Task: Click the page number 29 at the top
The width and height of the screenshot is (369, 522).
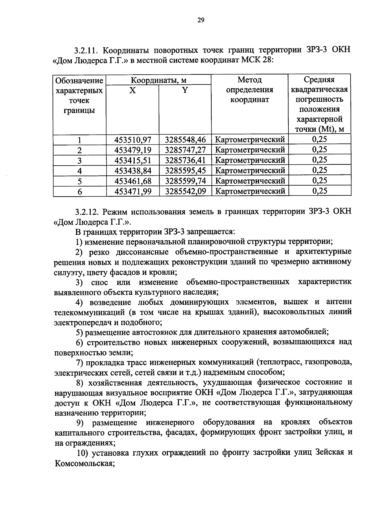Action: click(200, 20)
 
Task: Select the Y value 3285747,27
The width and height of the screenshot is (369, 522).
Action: click(185, 150)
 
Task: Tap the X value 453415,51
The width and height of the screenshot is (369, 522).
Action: click(133, 160)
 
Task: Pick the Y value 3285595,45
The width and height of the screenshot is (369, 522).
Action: click(185, 171)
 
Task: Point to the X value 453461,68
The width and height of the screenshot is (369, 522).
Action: click(133, 181)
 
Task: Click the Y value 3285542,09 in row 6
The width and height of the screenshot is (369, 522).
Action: click(185, 191)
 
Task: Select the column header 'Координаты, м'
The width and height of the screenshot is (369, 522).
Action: click(159, 80)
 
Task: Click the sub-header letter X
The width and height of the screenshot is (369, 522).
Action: click(132, 90)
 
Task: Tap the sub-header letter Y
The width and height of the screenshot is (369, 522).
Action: click(185, 90)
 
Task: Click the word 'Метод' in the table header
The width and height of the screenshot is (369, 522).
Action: click(249, 80)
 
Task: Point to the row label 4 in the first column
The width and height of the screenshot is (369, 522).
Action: click(80, 171)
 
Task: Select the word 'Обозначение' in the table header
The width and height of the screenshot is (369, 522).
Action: click(79, 81)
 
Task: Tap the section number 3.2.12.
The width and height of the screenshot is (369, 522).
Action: click(86, 212)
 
